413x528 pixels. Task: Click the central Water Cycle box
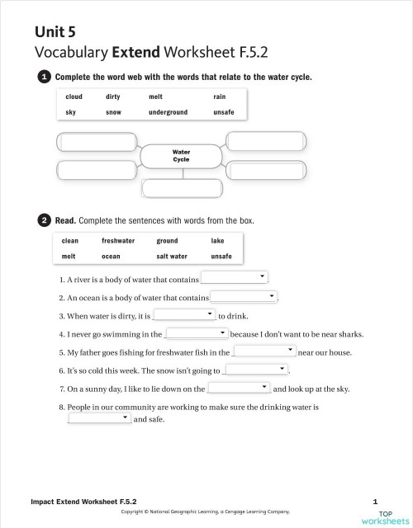click(x=181, y=156)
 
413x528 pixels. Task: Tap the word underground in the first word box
click(x=168, y=112)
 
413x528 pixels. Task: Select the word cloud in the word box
click(x=74, y=97)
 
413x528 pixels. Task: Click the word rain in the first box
click(x=219, y=97)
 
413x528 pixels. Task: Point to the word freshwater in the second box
click(x=118, y=241)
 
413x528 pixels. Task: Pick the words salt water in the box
click(x=172, y=257)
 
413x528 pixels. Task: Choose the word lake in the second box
click(x=217, y=241)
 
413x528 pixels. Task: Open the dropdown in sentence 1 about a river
click(x=235, y=277)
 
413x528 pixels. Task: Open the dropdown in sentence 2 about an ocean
click(x=244, y=296)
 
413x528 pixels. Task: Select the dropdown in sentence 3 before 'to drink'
click(x=184, y=314)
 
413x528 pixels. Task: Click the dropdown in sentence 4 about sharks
click(x=197, y=333)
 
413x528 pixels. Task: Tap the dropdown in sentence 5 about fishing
click(x=263, y=351)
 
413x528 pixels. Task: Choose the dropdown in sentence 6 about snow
click(x=257, y=370)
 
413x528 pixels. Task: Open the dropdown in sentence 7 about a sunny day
click(x=239, y=388)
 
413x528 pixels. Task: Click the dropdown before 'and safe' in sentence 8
click(x=99, y=418)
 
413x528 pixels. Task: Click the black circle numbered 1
click(x=44, y=77)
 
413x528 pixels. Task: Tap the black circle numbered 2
click(x=44, y=220)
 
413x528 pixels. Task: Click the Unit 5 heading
click(x=55, y=31)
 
